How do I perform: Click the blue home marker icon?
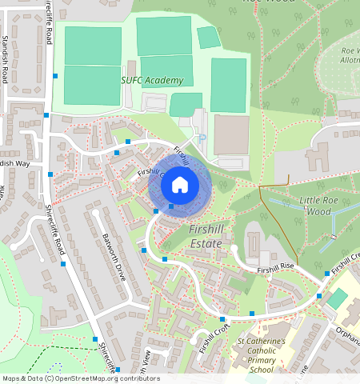pyautogui.click(x=180, y=185)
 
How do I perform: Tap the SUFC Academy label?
pyautogui.click(x=152, y=80)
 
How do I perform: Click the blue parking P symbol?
pyautogui.click(x=202, y=138)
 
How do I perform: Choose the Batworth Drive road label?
pyautogui.click(x=114, y=256)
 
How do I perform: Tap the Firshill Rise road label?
pyautogui.click(x=276, y=269)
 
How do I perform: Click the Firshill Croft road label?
pyautogui.click(x=214, y=338)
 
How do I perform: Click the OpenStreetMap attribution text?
pyautogui.click(x=81, y=378)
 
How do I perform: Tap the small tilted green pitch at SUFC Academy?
pyautogui.click(x=208, y=37)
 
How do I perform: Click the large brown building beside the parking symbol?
pyautogui.click(x=231, y=134)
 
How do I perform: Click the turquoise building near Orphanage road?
pyautogui.click(x=338, y=299)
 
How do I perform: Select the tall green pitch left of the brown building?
pyautogui.click(x=228, y=84)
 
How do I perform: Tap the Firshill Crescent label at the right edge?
pyautogui.click(x=346, y=260)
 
